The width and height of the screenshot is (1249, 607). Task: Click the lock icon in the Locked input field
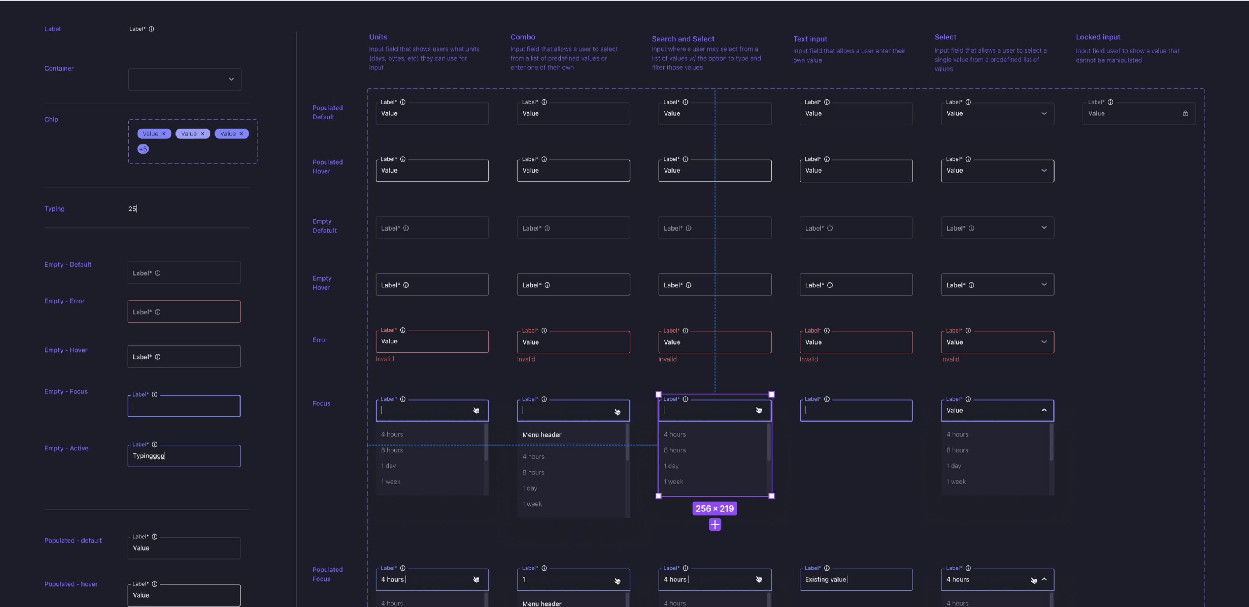[x=1185, y=113]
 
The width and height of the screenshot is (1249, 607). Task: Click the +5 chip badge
[x=143, y=149]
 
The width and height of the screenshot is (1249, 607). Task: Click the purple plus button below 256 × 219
[x=715, y=524]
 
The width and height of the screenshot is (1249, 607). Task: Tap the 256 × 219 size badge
[x=715, y=508]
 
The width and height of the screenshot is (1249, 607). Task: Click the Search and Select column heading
[x=683, y=39]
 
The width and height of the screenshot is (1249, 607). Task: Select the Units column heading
[x=378, y=37]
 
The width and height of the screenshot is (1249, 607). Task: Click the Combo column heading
[x=523, y=37]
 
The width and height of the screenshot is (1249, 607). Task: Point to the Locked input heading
[x=1098, y=37]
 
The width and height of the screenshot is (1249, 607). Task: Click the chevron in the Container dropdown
[x=231, y=79]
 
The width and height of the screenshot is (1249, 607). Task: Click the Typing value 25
[x=132, y=209]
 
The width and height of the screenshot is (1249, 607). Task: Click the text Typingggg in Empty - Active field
[x=149, y=456]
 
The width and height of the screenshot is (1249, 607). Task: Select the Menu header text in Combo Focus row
[x=542, y=435]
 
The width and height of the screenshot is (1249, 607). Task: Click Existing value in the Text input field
[x=825, y=579]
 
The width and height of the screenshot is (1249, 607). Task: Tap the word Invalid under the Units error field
[x=385, y=359]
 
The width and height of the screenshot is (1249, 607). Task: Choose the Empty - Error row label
[x=64, y=301]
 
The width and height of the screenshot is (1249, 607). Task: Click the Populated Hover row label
[x=327, y=166]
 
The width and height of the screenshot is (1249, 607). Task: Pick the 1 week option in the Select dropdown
[x=956, y=482]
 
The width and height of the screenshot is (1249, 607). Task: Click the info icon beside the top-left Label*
[x=151, y=29]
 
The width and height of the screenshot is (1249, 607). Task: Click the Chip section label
[x=52, y=119]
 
